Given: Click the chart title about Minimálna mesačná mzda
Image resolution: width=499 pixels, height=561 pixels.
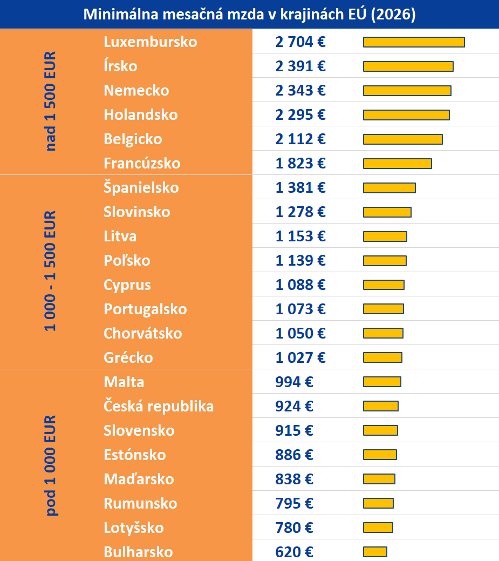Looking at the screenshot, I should [x=249, y=14].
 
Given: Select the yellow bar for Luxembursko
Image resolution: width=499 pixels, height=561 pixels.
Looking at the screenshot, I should [x=414, y=42].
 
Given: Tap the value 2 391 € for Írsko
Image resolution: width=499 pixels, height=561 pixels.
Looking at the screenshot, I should [x=300, y=66].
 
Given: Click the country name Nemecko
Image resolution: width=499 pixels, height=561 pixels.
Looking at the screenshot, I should [x=136, y=91].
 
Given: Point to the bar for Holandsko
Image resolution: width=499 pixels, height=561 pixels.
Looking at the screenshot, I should [x=406, y=115].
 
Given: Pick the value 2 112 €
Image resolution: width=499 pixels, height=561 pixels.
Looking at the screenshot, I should [x=300, y=139].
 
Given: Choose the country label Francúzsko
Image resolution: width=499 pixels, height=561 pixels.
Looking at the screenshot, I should [x=142, y=164].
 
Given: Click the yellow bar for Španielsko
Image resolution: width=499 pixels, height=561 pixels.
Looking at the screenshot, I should [x=389, y=188].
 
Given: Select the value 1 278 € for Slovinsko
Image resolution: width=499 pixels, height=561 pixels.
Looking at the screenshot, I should [x=300, y=212].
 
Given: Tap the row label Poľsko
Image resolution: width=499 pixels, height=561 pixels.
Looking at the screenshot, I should [x=127, y=261].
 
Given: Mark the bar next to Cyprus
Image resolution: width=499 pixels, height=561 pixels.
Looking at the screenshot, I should [x=384, y=285].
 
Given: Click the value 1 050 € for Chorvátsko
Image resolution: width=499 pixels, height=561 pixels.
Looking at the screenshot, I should [x=300, y=334].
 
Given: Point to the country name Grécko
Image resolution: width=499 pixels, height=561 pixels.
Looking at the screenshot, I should [x=128, y=358].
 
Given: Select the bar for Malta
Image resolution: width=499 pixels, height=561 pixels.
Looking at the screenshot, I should [x=382, y=382].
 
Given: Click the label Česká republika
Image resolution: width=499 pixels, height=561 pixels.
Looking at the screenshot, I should [x=159, y=407].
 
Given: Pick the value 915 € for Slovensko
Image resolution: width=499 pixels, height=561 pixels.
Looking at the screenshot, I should [x=294, y=431].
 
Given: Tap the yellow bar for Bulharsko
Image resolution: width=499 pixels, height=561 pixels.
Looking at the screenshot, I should [x=375, y=552].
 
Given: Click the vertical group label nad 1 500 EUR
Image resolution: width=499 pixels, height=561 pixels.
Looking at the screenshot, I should [x=51, y=102].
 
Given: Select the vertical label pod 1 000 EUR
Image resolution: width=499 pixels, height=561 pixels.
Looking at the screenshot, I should [x=51, y=465].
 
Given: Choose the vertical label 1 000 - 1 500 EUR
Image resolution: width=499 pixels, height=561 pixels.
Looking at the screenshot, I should [x=51, y=271].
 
